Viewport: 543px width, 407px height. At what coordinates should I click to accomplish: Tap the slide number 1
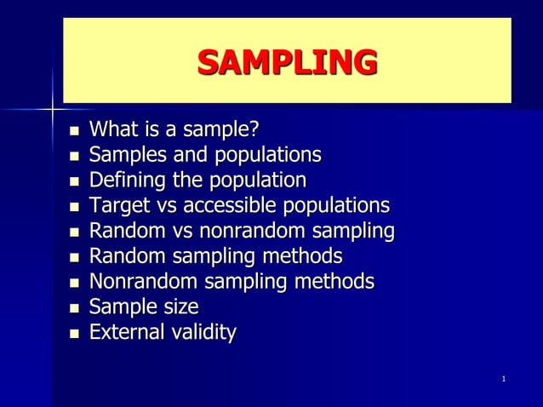pyautogui.click(x=505, y=378)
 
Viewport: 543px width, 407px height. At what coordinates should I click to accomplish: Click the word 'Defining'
pyautogui.click(x=124, y=181)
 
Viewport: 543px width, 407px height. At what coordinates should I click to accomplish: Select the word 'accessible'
pyautogui.click(x=231, y=206)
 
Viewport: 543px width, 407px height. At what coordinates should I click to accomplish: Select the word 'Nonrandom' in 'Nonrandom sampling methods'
pyautogui.click(x=140, y=282)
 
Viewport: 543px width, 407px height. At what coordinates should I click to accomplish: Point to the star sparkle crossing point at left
pyautogui.click(x=53, y=109)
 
